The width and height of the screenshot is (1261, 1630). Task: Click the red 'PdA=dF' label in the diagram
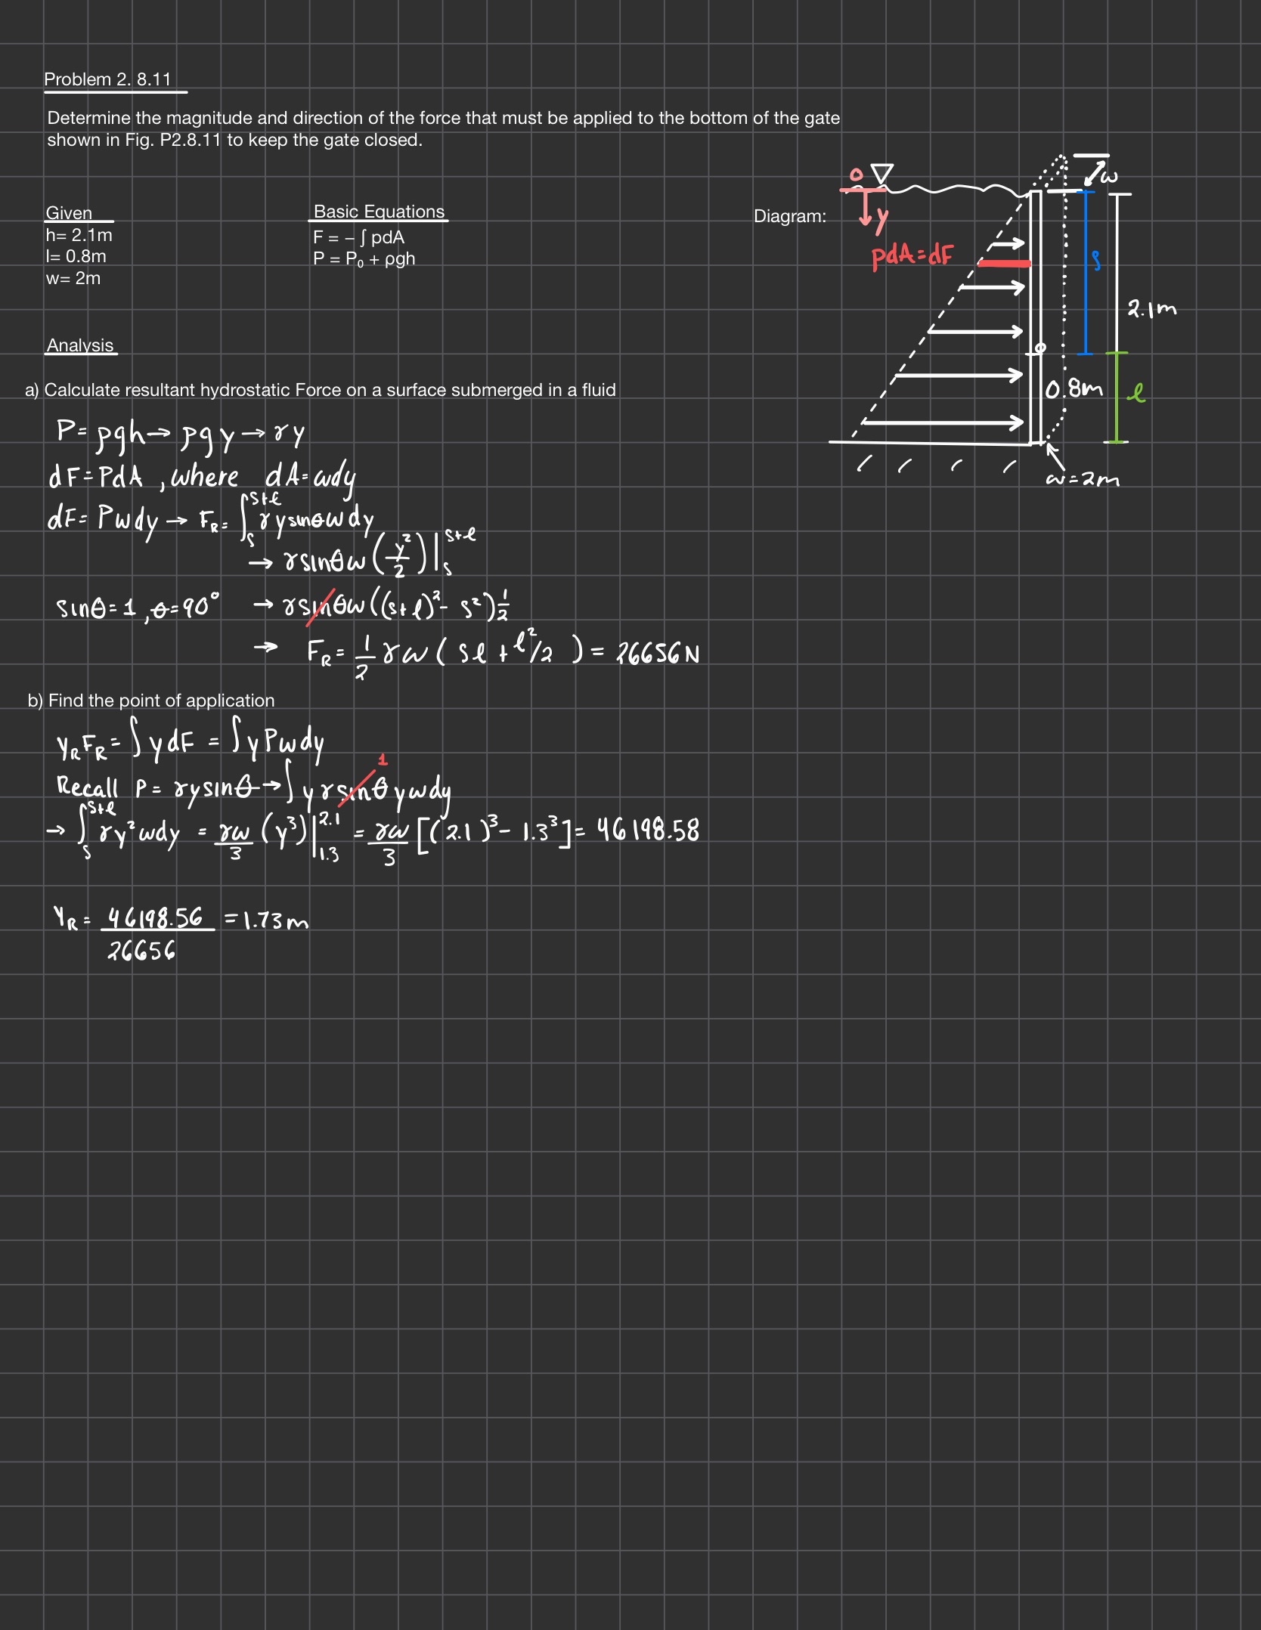912,257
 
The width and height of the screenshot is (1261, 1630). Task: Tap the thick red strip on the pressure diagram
1004,263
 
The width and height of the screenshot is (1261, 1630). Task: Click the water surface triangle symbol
882,174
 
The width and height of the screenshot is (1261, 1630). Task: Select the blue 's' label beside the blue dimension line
1095,261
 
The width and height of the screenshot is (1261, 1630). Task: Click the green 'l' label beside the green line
1136,392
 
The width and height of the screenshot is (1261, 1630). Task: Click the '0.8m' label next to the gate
1074,390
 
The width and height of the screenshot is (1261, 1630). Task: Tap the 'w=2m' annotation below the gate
1083,479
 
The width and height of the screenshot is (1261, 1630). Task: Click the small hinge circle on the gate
1040,348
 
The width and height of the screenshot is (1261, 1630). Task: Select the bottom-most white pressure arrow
943,422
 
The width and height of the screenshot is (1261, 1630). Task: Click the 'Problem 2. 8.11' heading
108,79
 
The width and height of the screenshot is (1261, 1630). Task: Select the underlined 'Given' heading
69,213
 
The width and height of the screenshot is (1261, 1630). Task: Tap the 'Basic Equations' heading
379,212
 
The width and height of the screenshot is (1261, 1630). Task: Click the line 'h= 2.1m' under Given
79,235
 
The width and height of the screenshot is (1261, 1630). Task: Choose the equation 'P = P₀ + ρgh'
364,259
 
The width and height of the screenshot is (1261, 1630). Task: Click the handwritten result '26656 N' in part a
658,653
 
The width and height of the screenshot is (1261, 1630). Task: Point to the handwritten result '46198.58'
648,830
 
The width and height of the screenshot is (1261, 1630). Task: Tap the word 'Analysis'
80,345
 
